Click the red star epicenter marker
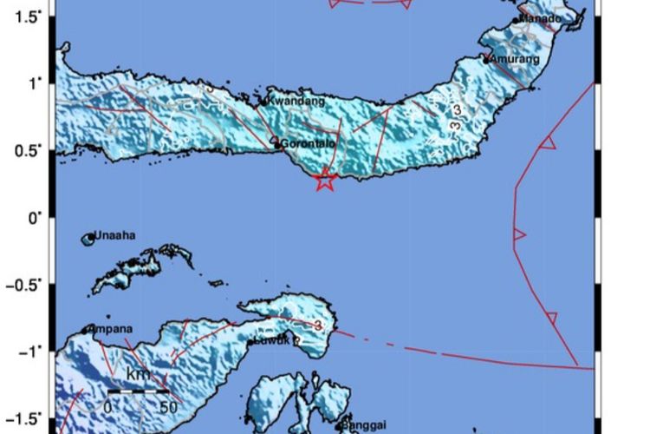coord(325,180)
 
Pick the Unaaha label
coord(115,235)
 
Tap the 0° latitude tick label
coord(35,217)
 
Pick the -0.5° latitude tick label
coord(25,284)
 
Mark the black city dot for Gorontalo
coord(277,144)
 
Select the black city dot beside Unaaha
coord(89,237)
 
